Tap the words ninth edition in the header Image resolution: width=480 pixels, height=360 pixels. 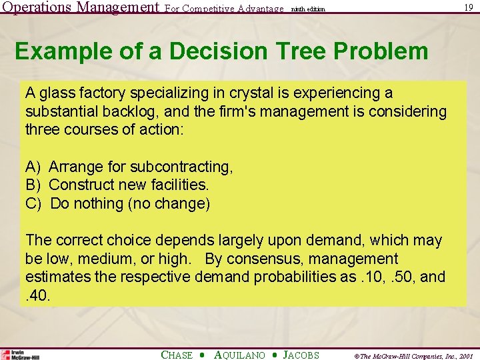[309, 9]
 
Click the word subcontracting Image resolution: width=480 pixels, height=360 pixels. [183, 166]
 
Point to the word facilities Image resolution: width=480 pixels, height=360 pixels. [179, 185]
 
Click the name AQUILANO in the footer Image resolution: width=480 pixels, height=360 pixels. [241, 355]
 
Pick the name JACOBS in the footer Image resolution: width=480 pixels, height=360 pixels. [301, 355]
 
